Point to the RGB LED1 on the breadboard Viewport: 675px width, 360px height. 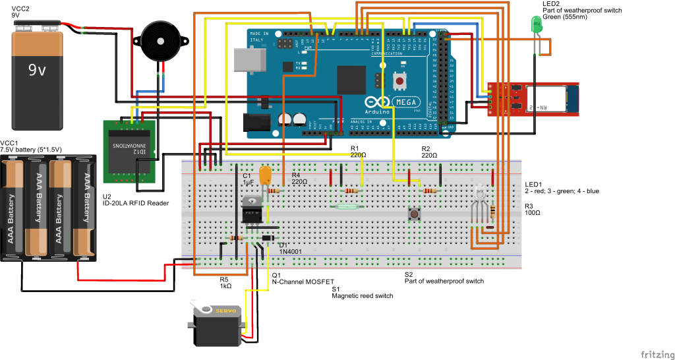click(481, 196)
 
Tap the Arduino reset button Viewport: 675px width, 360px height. click(399, 80)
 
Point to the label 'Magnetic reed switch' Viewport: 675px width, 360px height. click(362, 296)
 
